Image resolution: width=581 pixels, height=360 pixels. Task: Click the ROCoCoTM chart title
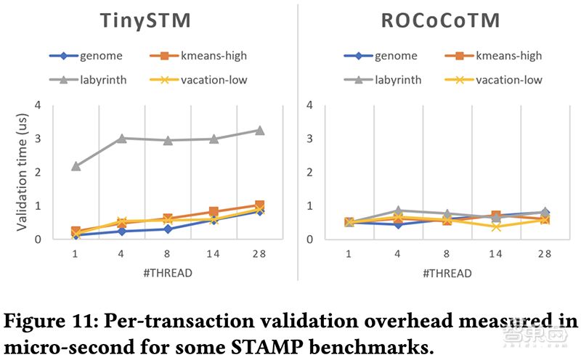tap(440, 20)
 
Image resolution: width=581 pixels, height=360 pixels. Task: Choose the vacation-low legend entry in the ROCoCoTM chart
tap(500, 80)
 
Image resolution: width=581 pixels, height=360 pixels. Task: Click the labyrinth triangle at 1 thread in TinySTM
tap(76, 166)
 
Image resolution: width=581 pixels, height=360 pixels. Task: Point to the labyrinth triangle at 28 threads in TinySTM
tap(259, 131)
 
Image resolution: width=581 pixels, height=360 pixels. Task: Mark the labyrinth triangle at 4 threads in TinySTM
tap(121, 138)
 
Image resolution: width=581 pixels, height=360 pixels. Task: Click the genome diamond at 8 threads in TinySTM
tap(167, 229)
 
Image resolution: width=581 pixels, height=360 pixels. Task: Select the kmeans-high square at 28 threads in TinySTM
tap(259, 205)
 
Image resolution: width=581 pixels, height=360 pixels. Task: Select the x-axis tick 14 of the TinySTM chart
tap(214, 254)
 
